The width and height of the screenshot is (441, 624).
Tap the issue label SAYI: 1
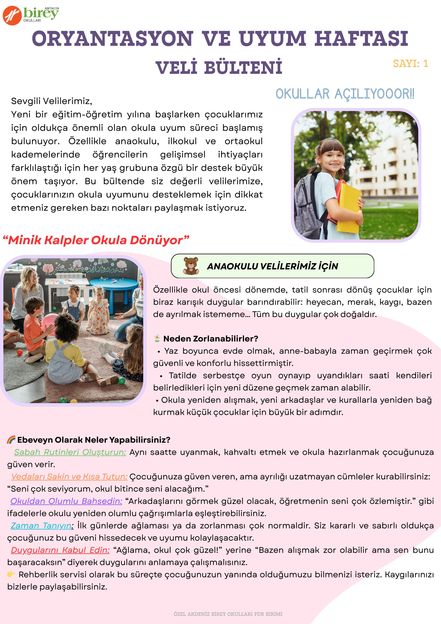410,64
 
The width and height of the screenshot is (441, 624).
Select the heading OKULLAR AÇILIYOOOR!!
345,94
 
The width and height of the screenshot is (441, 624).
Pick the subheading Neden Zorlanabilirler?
211,339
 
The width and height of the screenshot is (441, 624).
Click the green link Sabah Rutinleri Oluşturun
70,452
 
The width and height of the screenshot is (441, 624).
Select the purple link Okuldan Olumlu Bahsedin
66,501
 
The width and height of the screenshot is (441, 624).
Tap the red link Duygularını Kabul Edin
60,550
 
